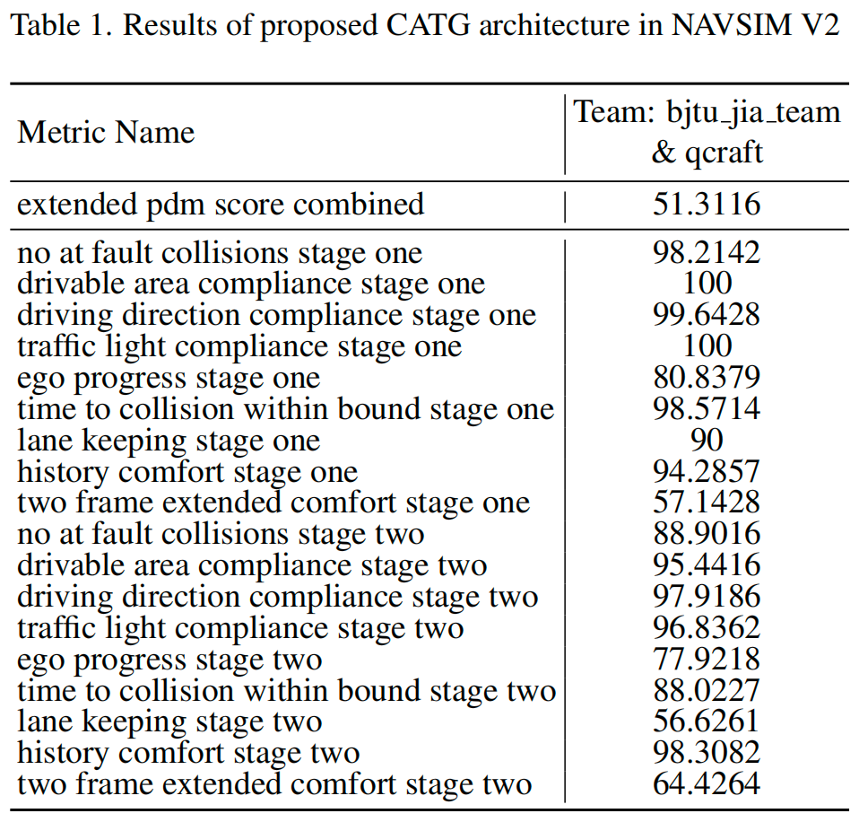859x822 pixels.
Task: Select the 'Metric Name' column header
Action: coord(106,133)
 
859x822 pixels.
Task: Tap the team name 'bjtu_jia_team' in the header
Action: coord(752,112)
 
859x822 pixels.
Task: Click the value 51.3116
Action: coord(706,205)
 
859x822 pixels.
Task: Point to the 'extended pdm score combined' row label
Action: coord(221,205)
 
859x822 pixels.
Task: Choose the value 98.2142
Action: coord(706,253)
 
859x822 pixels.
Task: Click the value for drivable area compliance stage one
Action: coord(706,284)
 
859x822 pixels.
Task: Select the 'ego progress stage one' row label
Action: coord(169,378)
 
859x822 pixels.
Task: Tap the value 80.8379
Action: coord(706,378)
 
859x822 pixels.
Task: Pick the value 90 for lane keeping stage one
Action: coord(706,441)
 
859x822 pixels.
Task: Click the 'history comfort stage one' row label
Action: coord(187,472)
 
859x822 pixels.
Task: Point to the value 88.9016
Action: coord(706,535)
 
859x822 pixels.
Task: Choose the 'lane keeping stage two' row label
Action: coord(169,722)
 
